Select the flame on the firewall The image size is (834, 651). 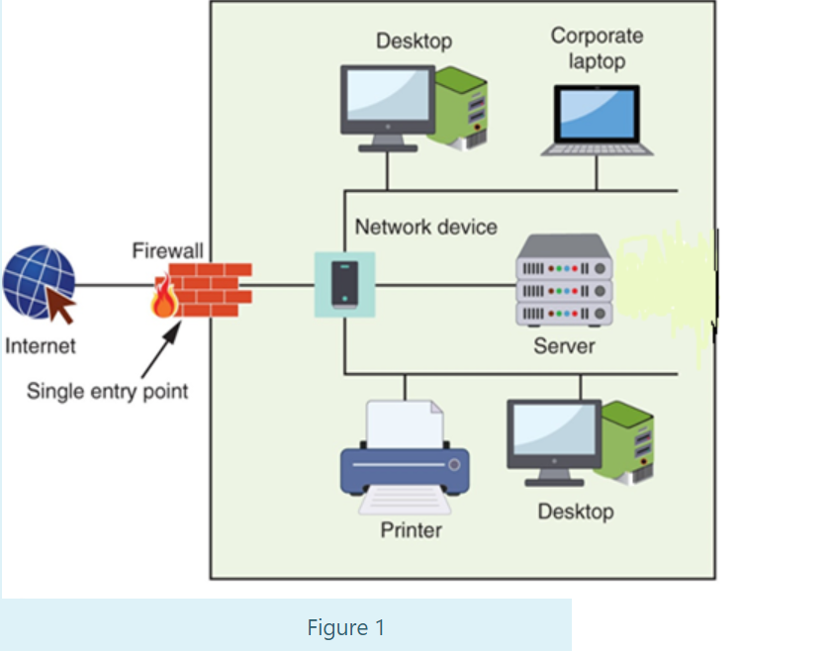(x=163, y=298)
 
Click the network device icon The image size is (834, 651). (x=344, y=285)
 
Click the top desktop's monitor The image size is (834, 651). (x=387, y=101)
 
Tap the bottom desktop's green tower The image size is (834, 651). (x=629, y=441)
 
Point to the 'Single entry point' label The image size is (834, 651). (x=107, y=390)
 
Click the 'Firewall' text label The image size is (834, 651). (x=167, y=251)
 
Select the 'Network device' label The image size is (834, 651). (x=425, y=227)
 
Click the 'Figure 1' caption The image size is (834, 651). (x=345, y=627)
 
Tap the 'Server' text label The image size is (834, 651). (x=564, y=345)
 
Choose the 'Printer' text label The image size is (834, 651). (x=411, y=530)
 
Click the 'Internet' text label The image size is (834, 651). (x=40, y=346)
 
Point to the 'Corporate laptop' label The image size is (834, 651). (x=597, y=47)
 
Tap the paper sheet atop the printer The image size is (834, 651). (x=404, y=423)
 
